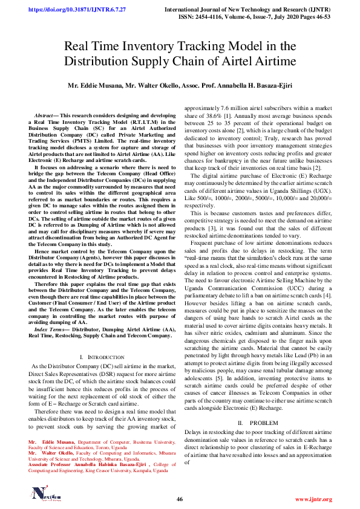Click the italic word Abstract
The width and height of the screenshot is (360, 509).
pos(44,115)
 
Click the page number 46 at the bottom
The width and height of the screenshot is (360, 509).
pos(180,499)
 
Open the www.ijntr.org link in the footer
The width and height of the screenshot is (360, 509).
pos(313,499)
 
